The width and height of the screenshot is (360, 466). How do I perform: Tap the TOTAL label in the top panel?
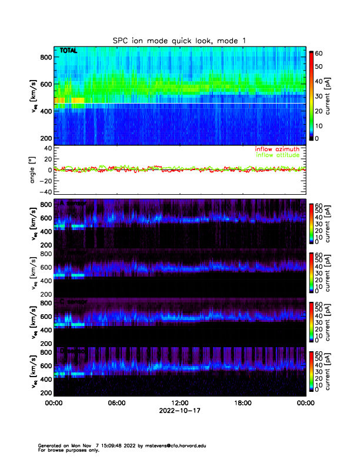click(68, 51)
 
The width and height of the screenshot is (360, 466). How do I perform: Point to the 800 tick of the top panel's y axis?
click(45, 57)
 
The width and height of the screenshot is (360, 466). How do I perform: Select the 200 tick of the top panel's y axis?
click(45, 138)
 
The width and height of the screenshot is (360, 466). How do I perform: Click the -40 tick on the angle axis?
click(44, 192)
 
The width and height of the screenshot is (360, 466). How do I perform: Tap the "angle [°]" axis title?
click(33, 170)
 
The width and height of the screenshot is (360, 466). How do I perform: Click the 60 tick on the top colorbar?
click(318, 52)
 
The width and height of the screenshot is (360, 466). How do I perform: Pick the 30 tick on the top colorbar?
click(318, 95)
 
